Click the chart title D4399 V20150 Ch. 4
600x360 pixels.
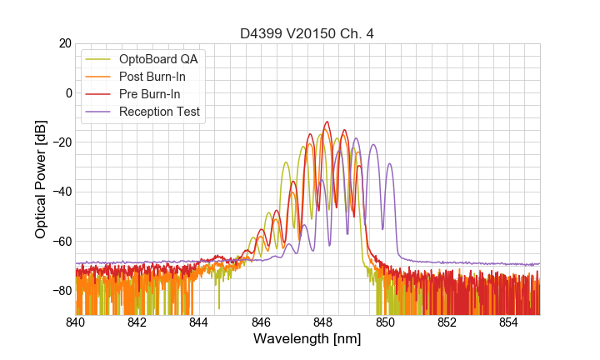point(307,33)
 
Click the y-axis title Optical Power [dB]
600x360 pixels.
point(41,179)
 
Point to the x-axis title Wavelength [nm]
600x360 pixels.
point(307,339)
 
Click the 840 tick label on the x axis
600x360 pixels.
point(76,322)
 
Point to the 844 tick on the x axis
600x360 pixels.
point(199,322)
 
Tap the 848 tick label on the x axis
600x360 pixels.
point(323,322)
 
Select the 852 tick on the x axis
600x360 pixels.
point(447,322)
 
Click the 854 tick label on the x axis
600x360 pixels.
point(509,322)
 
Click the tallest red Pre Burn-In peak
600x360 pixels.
point(327,122)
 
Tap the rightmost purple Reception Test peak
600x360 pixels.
point(389,164)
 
